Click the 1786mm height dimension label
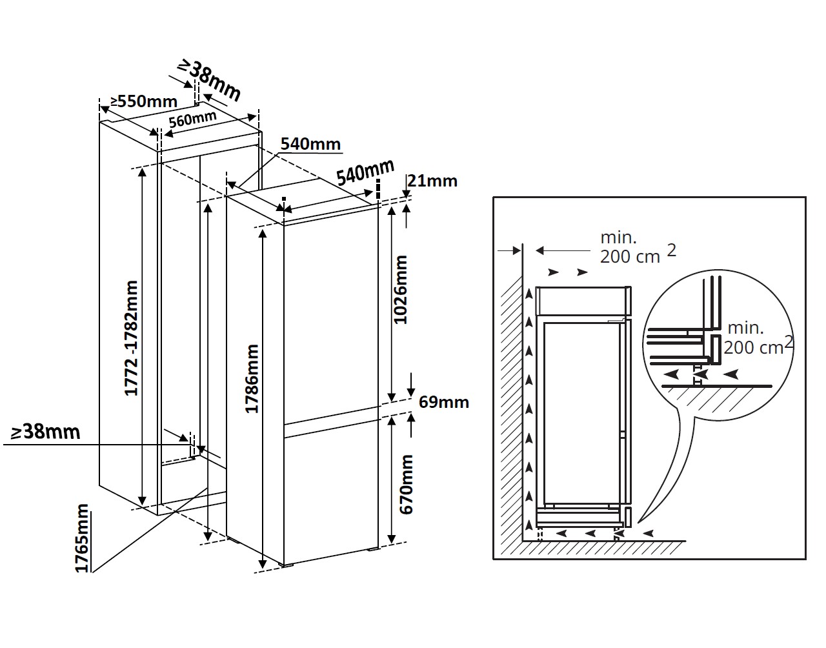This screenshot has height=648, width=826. coord(252,379)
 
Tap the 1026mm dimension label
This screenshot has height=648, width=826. coord(401,289)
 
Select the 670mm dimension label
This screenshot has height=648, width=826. coord(406,484)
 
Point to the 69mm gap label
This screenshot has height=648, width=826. coord(443,402)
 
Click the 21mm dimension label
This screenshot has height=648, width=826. coord(432,181)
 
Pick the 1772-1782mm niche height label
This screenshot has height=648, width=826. coord(132,338)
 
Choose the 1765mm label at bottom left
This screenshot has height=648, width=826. coord(81,538)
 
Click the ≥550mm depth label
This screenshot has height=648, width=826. coord(143,101)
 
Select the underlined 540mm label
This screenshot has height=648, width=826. coord(310,144)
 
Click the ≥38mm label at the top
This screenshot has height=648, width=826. coord(210,79)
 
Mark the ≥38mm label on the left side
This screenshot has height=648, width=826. coord(45,431)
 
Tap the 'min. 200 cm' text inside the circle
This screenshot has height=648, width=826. coord(753,338)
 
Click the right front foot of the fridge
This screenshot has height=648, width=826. coord(372,550)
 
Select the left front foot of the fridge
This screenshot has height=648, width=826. coord(286,567)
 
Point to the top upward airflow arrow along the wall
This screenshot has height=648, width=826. coord(529,294)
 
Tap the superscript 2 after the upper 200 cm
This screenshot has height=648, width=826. coord(671,250)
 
